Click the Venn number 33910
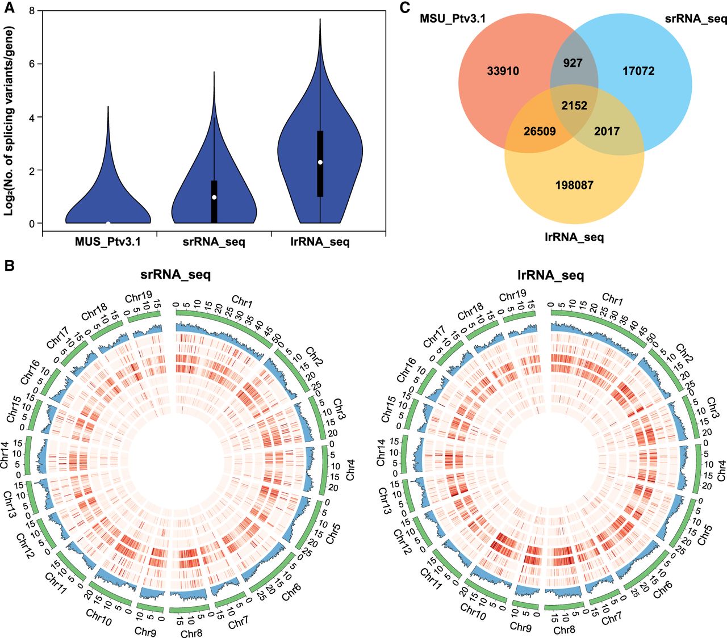click(x=503, y=71)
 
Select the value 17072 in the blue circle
click(x=638, y=71)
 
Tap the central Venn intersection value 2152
click(x=574, y=106)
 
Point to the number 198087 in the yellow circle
click(x=574, y=185)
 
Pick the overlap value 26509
click(x=540, y=131)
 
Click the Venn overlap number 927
click(x=573, y=63)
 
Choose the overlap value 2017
click(x=607, y=131)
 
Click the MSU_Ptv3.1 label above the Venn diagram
click(x=453, y=19)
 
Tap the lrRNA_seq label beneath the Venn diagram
click(x=574, y=237)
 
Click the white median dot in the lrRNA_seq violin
click(x=320, y=162)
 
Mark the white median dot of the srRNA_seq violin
click(x=214, y=197)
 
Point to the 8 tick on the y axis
click(x=32, y=11)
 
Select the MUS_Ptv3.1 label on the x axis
click(x=108, y=242)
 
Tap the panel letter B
click(x=9, y=266)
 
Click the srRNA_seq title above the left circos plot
click(x=176, y=275)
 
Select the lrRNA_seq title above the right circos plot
click(x=551, y=275)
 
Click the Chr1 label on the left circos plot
click(x=243, y=301)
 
